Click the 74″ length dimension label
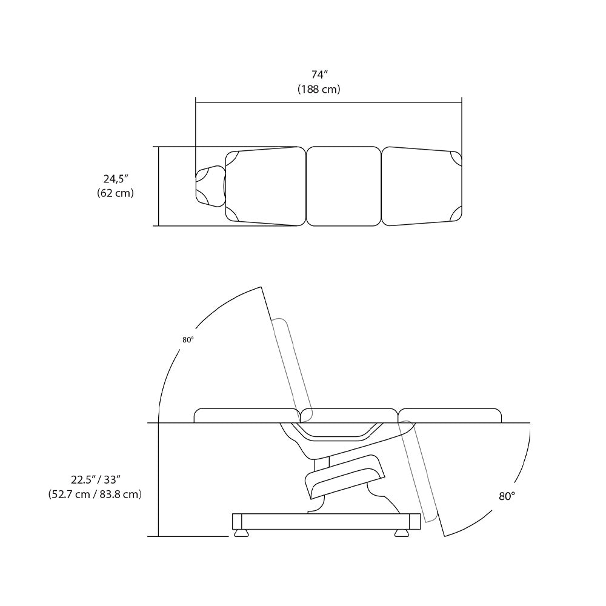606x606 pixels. click(319, 75)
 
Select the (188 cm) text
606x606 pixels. click(319, 89)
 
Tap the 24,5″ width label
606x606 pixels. click(116, 179)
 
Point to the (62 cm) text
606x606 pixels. click(115, 193)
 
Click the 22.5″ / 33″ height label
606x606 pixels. click(96, 479)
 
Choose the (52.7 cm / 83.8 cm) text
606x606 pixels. click(95, 494)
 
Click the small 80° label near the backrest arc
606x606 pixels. click(188, 340)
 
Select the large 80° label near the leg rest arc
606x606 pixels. click(507, 496)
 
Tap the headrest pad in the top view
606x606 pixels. click(211, 186)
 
